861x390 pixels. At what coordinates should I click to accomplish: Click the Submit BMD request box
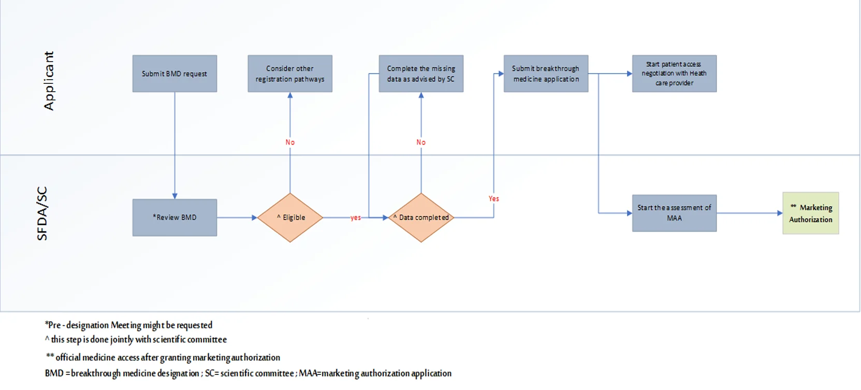(175, 74)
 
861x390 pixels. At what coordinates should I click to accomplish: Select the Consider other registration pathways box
(290, 74)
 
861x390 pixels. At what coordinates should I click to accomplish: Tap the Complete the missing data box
(421, 74)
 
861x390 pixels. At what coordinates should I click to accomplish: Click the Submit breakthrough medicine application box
(546, 74)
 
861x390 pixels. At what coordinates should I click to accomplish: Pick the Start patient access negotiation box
(675, 74)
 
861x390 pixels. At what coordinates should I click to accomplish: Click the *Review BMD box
(175, 218)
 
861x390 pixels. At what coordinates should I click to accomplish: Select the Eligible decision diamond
(290, 218)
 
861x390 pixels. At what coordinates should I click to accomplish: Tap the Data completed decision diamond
(421, 218)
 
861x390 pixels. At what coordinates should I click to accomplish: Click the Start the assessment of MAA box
(675, 213)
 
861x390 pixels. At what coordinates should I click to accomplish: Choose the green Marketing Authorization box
(811, 213)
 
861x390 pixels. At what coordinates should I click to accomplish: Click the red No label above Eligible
(290, 142)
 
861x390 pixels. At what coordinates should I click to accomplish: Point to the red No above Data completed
(421, 142)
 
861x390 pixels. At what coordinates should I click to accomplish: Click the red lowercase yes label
(356, 218)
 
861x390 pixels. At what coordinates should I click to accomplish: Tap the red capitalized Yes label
(494, 198)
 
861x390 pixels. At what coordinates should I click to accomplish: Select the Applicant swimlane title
(49, 81)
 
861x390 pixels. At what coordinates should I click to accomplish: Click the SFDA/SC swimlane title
(42, 213)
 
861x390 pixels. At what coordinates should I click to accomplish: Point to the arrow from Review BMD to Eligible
(237, 218)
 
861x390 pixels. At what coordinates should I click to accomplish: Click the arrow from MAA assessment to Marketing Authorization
(750, 213)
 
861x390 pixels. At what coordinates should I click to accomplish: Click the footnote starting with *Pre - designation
(128, 325)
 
